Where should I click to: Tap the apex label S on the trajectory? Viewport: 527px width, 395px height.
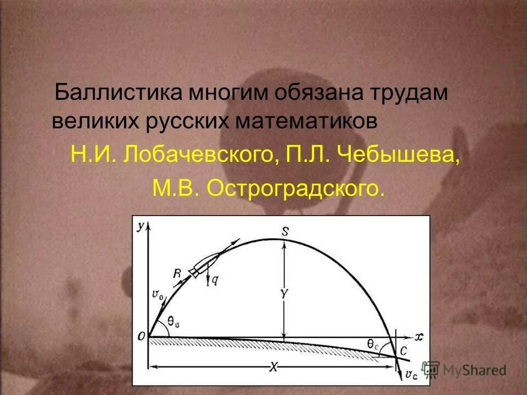click(284, 230)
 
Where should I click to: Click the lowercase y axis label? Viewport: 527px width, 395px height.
click(142, 225)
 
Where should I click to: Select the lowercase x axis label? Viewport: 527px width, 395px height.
click(419, 337)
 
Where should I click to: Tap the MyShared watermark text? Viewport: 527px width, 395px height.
click(475, 370)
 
